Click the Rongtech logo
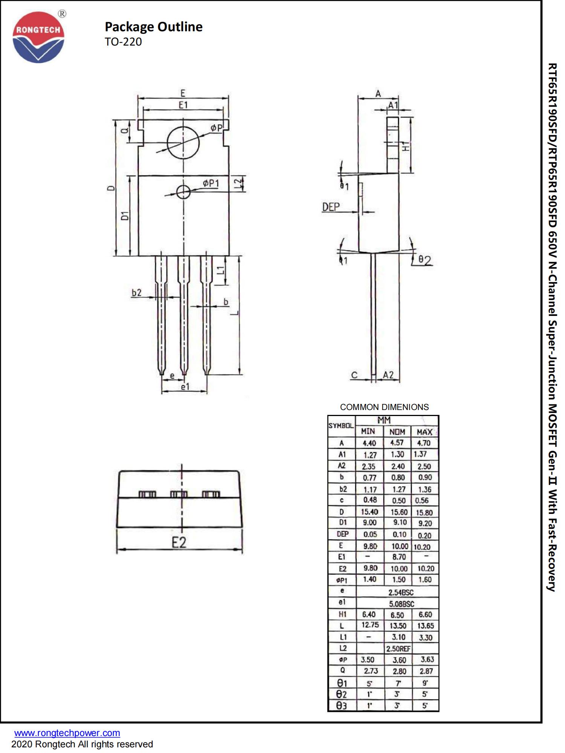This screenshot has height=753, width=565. point(38,37)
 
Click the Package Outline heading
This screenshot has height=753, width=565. point(153,27)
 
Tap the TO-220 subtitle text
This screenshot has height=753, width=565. point(123,42)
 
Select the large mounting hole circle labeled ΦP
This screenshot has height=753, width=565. point(183,143)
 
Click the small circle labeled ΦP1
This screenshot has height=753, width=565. point(183,192)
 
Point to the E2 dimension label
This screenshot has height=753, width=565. point(179,543)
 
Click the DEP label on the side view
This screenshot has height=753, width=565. point(331,207)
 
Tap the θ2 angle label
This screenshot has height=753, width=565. point(425,260)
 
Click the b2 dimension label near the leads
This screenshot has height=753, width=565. point(136,293)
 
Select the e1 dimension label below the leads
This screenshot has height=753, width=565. point(185,387)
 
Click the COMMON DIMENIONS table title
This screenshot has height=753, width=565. point(384,407)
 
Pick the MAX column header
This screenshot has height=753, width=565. point(424,432)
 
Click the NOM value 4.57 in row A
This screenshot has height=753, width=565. point(397,443)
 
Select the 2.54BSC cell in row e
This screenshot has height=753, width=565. point(401,592)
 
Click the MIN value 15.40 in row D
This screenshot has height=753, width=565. point(369,512)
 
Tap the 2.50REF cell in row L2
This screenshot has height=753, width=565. point(398,648)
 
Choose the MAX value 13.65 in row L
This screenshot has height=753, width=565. point(425,625)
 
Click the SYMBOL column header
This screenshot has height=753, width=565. point(341,426)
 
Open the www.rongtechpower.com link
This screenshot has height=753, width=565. point(67,733)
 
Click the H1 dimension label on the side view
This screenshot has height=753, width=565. point(405,146)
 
